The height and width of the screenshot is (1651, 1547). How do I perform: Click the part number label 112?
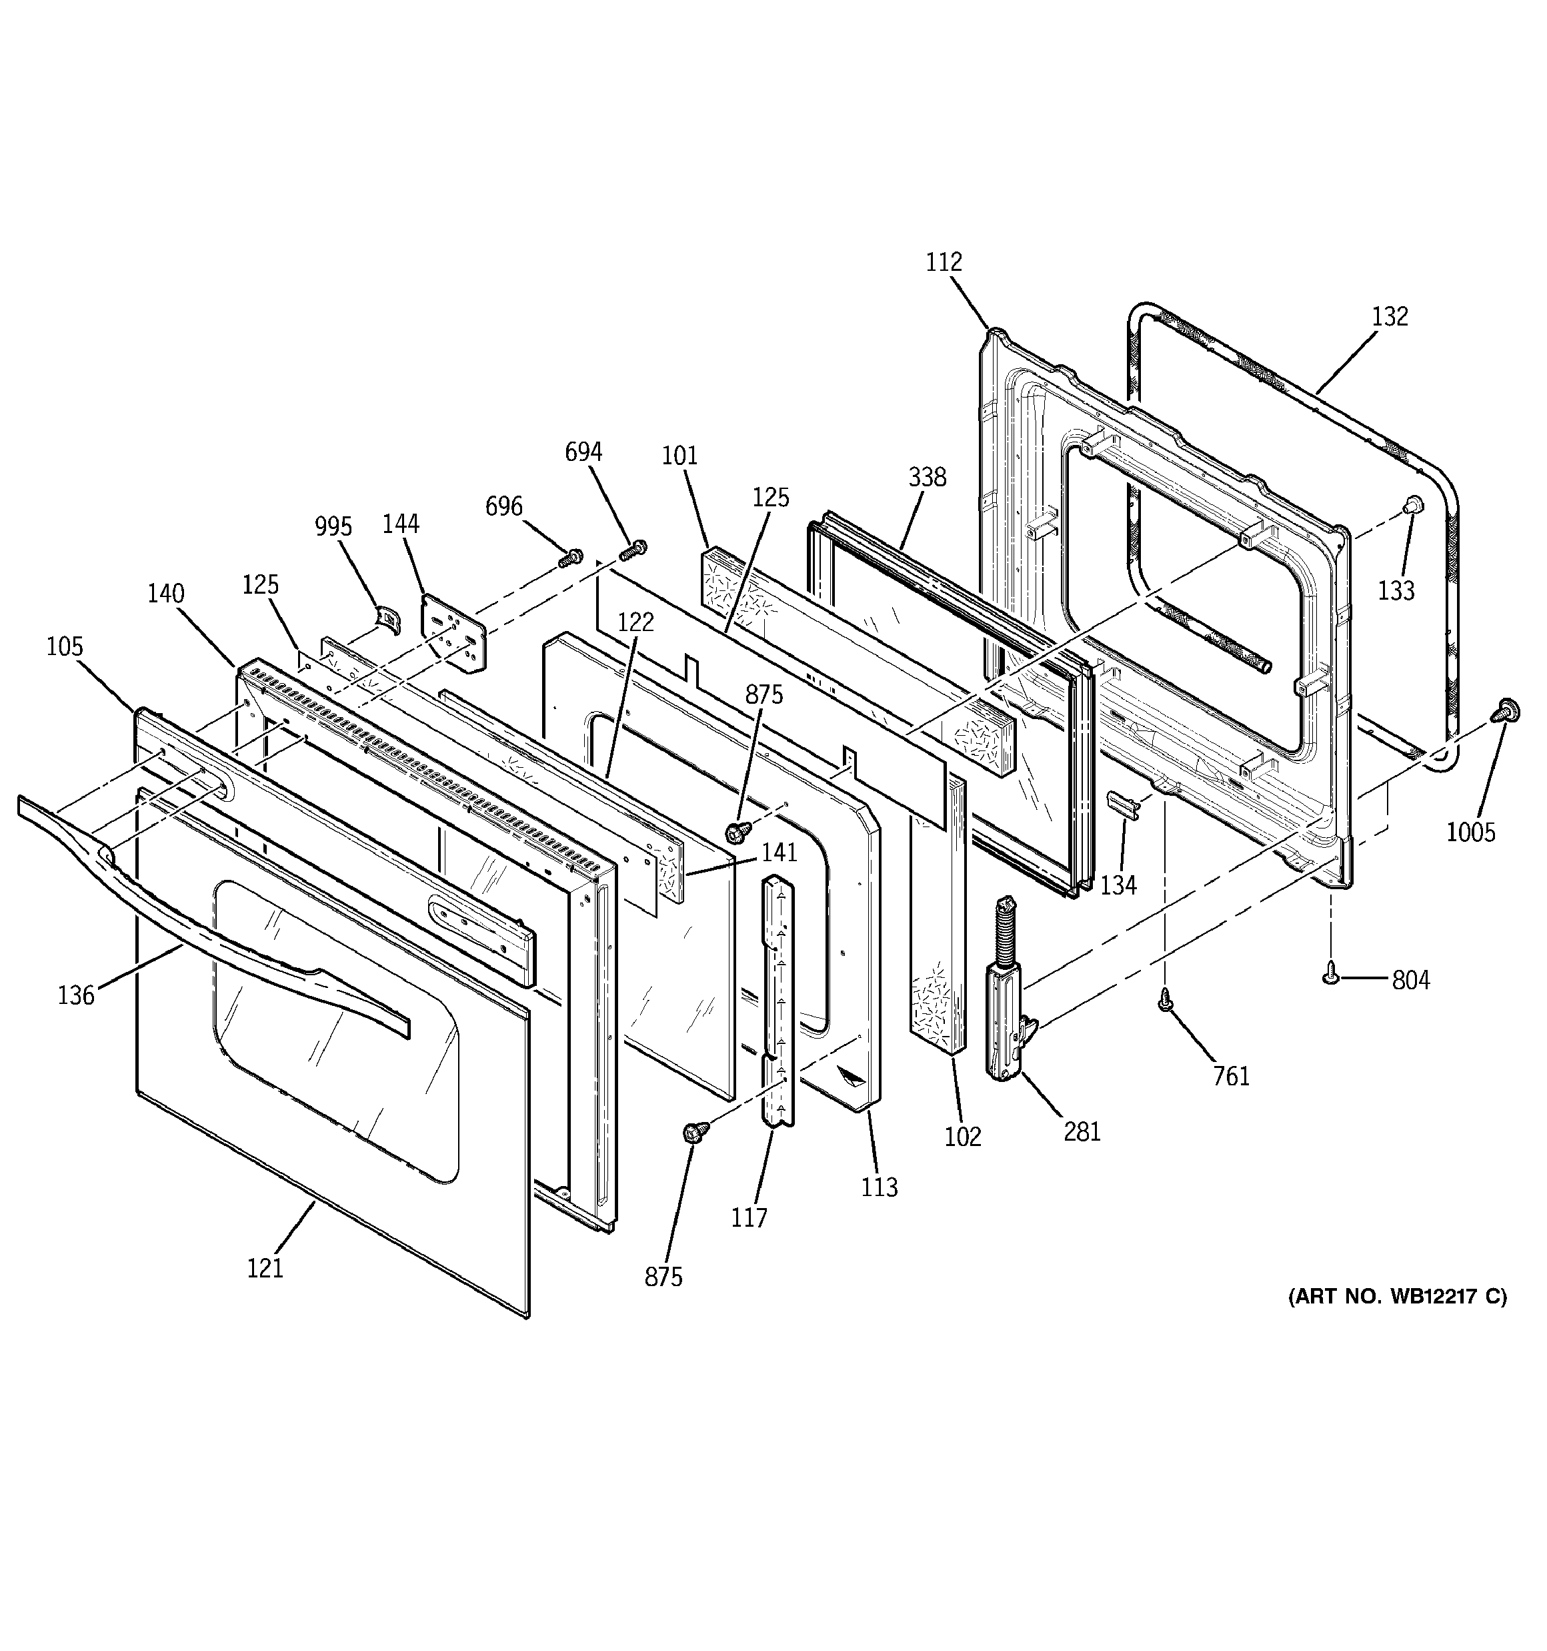pyautogui.click(x=944, y=262)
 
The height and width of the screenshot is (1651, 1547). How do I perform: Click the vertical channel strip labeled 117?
pyautogui.click(x=778, y=997)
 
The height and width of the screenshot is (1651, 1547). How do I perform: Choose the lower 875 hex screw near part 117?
pyautogui.click(x=694, y=1132)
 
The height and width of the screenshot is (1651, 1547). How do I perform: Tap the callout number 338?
pyautogui.click(x=927, y=478)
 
